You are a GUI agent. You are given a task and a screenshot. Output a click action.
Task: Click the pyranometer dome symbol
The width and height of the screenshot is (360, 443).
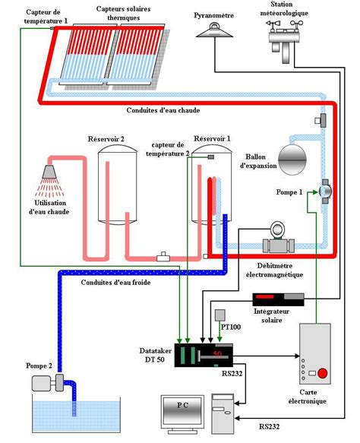tap(215, 30)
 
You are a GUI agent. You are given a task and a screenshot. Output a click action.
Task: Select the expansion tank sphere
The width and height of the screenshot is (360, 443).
tap(292, 160)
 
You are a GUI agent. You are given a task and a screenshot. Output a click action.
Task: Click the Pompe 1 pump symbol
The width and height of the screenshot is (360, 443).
tap(325, 191)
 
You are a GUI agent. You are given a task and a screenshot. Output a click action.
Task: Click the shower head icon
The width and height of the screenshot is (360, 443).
tap(49, 172)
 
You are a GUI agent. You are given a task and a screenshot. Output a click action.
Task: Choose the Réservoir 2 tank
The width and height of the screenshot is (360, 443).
tap(118, 185)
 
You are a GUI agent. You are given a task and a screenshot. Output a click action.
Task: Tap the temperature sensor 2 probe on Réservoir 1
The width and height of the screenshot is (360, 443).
tap(210, 157)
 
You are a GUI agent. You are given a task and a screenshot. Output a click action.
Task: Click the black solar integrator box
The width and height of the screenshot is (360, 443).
tap(278, 299)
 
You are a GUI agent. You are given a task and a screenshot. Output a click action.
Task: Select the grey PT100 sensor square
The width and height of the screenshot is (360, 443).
tap(220, 315)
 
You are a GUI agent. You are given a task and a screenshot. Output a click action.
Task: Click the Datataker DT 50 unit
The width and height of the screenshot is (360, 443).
tap(204, 355)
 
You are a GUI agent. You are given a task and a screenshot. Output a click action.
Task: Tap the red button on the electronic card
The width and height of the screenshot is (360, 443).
tap(323, 373)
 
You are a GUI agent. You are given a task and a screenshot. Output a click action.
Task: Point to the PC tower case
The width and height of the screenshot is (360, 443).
tap(223, 413)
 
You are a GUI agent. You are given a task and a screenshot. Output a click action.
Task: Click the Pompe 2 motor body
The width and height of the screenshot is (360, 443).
tap(42, 383)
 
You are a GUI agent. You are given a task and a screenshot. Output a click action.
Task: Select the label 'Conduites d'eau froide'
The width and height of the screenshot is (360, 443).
tap(115, 282)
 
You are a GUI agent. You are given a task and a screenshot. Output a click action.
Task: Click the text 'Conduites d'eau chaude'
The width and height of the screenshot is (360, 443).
tap(163, 110)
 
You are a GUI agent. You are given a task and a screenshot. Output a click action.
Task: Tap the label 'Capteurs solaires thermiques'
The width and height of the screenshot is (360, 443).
tap(123, 13)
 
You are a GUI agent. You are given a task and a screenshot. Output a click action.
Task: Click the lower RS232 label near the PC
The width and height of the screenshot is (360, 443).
tap(269, 426)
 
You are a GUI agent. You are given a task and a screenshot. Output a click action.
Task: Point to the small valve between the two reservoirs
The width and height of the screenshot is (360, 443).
tap(163, 257)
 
